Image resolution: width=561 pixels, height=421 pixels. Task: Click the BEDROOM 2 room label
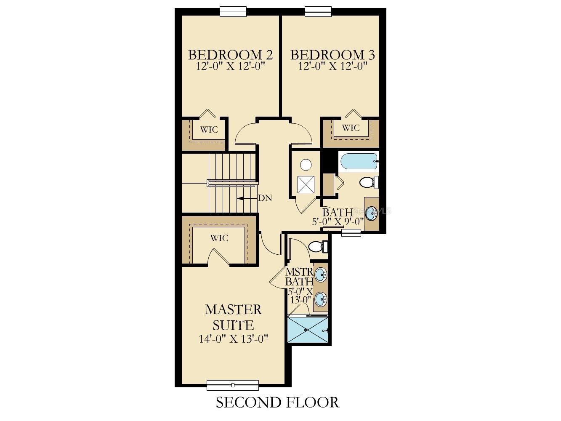(x=230, y=55)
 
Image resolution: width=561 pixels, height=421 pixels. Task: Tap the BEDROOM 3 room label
(x=332, y=55)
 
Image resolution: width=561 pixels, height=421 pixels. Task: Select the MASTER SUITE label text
(x=233, y=317)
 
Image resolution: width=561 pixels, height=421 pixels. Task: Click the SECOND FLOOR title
(x=277, y=402)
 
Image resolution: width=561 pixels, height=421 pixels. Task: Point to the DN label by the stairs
(x=265, y=198)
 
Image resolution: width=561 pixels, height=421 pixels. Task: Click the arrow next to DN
(x=246, y=198)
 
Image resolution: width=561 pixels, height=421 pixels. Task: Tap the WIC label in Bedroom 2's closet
(x=209, y=130)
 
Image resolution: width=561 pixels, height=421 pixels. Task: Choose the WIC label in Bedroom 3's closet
(x=351, y=128)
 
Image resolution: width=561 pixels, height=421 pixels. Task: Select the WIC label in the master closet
(x=219, y=238)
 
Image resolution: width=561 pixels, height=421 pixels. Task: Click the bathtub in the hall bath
(x=358, y=161)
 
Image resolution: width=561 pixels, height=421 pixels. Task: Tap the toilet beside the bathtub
(x=368, y=183)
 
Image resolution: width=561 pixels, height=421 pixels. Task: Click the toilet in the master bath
(x=316, y=247)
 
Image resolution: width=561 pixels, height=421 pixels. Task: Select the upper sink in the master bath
(x=321, y=275)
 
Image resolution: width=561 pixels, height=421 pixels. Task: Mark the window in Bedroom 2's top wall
(x=233, y=11)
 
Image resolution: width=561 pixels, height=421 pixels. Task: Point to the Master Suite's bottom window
(x=233, y=385)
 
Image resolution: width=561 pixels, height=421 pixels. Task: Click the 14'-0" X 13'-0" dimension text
(x=234, y=339)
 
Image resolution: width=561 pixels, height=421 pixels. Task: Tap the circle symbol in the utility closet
(x=306, y=165)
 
